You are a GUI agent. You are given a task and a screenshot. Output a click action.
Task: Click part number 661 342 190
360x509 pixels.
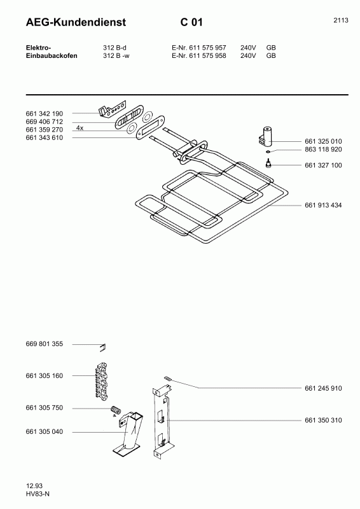click(44, 114)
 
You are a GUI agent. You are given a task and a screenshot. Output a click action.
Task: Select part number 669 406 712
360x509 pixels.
click(44, 122)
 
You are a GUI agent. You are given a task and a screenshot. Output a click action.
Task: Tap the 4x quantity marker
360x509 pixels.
click(80, 129)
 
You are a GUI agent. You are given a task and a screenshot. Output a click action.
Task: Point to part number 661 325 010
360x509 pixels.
click(323, 141)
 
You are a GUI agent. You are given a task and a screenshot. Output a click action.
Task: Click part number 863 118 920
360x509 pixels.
click(323, 150)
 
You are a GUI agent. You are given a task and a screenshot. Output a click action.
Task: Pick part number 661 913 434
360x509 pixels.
click(323, 205)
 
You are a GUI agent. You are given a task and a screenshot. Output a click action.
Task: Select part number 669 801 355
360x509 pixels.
click(44, 344)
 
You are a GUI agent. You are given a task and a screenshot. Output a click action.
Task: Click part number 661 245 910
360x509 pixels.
click(323, 388)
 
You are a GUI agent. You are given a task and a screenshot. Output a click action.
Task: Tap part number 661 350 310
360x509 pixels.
click(323, 420)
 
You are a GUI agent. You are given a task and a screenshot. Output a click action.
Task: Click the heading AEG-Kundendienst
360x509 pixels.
click(76, 22)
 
